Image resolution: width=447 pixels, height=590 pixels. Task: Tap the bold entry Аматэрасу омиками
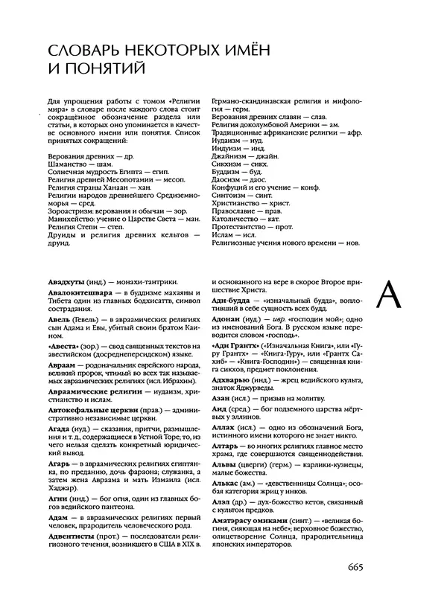[x=252, y=532]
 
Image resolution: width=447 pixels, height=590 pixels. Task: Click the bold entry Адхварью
[x=231, y=382]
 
